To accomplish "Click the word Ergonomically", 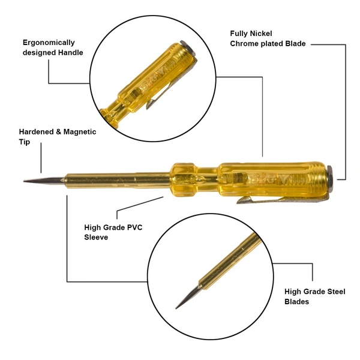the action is point(49,43).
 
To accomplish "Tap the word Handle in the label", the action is point(70,53).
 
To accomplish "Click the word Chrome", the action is point(244,44).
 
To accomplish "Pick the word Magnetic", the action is point(80,132).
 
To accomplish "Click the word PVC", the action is point(135,227).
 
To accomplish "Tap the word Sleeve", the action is point(96,237).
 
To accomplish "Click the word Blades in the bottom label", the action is point(296,301).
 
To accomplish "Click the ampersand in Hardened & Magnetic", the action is point(59,132).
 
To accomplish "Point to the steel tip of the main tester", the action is point(44,181).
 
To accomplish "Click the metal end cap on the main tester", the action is point(329,178).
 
